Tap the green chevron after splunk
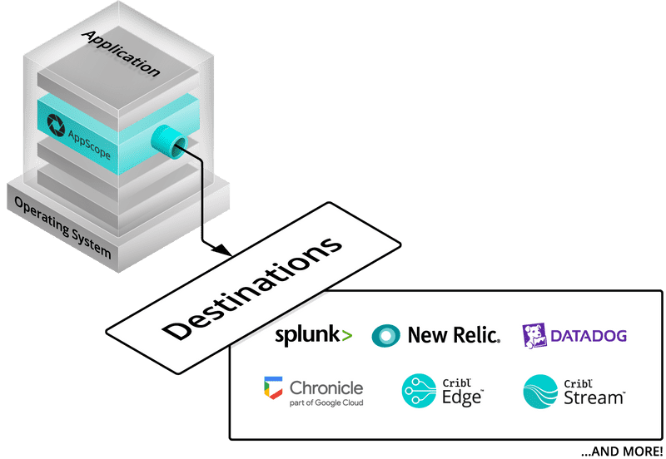point(346,336)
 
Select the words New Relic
point(454,335)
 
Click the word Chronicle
point(326,387)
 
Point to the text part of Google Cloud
point(326,403)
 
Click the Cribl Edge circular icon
point(419,392)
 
